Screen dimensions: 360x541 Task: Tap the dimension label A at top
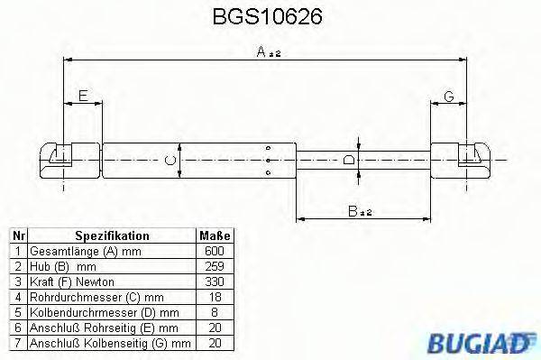(x=268, y=53)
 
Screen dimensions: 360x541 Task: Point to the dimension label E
(x=83, y=96)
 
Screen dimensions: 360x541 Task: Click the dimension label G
(x=448, y=96)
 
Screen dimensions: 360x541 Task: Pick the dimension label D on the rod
(x=351, y=161)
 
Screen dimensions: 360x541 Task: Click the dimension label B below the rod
(x=358, y=212)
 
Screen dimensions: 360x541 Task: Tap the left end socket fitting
(x=60, y=160)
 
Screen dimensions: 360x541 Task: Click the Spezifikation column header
(x=112, y=235)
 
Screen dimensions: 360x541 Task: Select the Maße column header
(x=215, y=235)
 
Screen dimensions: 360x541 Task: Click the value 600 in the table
(x=215, y=251)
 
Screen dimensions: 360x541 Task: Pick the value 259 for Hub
(x=215, y=266)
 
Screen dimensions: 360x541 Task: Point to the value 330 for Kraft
(x=215, y=282)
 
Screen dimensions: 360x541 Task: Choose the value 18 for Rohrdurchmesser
(x=215, y=297)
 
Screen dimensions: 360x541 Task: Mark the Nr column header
(x=16, y=235)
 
